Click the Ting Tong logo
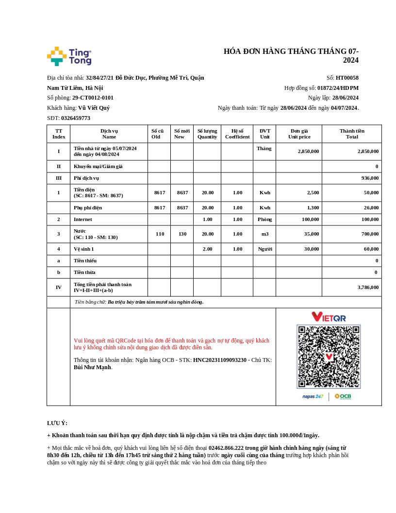point(69,56)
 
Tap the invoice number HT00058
point(347,78)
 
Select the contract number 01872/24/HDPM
point(338,88)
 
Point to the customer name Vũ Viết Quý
point(94,108)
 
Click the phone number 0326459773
point(76,118)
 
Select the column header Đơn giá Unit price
point(299,134)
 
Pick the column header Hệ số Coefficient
point(237,134)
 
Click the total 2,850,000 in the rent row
point(368,151)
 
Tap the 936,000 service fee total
point(370,178)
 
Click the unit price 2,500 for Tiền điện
point(313,193)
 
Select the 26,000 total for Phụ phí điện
point(371,208)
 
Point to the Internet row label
point(82,220)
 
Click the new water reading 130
point(182,234)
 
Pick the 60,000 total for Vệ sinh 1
point(371,249)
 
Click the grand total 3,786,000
point(368,288)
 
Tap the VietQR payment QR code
point(329,357)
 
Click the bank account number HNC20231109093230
point(220,360)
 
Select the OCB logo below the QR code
point(343,396)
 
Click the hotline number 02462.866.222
point(227,448)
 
